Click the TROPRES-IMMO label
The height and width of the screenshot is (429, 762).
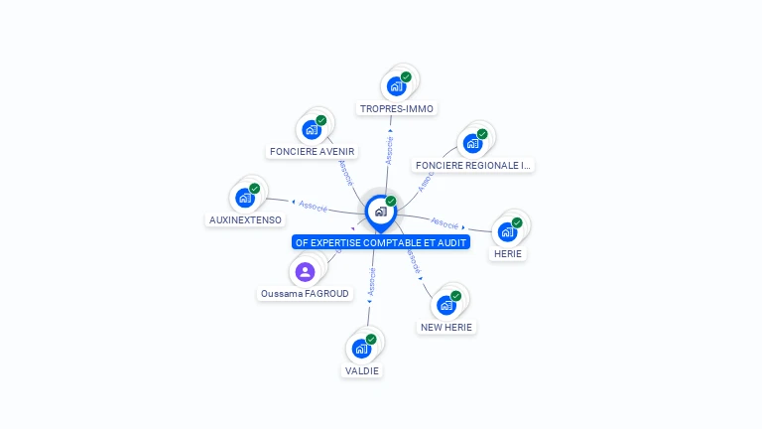pos(397,108)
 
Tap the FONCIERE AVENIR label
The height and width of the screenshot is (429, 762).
pos(312,152)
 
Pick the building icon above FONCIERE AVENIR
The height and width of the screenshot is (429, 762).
pos(312,130)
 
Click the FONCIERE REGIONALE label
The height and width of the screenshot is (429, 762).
pos(473,165)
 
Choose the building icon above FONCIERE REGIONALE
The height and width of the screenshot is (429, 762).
pos(473,143)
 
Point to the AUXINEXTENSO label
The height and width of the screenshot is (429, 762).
pos(245,219)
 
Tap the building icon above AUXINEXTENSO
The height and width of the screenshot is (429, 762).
pos(245,198)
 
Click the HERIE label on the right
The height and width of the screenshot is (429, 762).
pos(508,253)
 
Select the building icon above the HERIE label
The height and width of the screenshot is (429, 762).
pos(508,231)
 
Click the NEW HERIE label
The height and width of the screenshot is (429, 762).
pos(446,327)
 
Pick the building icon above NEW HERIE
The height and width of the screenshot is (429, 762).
pos(446,305)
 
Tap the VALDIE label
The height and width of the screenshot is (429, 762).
pos(362,370)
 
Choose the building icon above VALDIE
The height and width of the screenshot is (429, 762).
pos(362,349)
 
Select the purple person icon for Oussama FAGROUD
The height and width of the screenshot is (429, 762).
pos(305,271)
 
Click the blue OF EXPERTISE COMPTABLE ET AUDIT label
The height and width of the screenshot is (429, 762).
pos(381,241)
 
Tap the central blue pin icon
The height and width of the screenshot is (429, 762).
pos(381,211)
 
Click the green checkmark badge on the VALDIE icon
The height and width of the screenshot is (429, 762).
pos(371,340)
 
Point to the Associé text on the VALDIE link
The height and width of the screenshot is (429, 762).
pos(371,284)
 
